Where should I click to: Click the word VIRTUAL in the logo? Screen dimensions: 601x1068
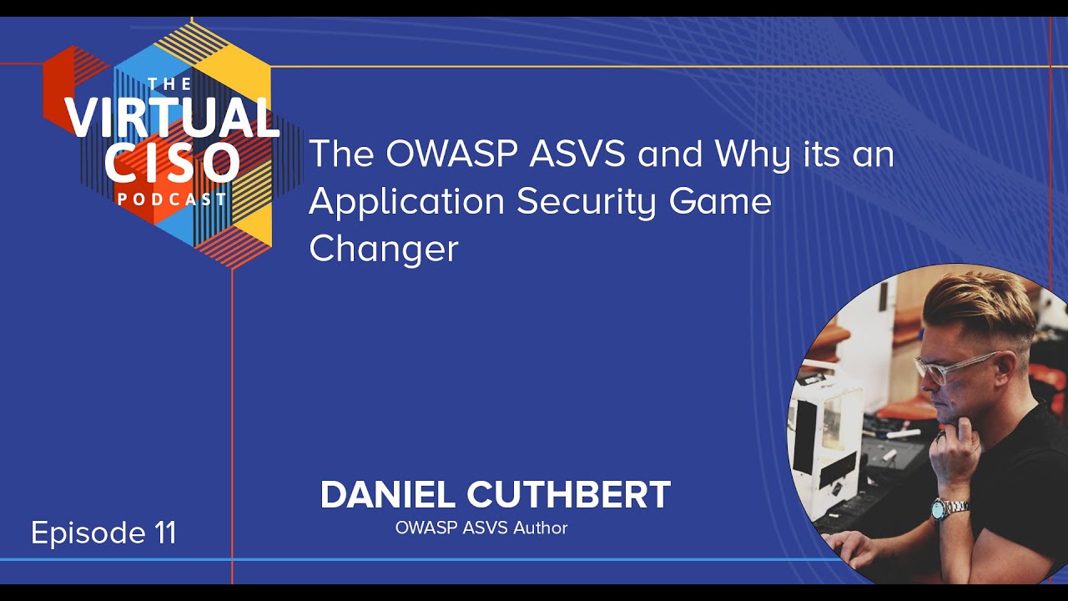click(x=171, y=118)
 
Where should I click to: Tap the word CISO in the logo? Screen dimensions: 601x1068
click(x=172, y=162)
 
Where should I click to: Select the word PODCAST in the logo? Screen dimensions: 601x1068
click(x=172, y=199)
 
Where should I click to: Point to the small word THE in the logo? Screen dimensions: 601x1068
click(x=169, y=84)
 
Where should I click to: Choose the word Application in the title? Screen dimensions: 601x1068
click(x=406, y=203)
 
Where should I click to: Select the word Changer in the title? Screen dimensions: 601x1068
click(x=384, y=249)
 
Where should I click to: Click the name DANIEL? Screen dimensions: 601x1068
click(x=388, y=495)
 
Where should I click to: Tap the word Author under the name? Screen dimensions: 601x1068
click(x=541, y=528)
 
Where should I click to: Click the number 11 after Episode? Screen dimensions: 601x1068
click(x=164, y=533)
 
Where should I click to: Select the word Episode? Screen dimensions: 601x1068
click(x=86, y=533)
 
